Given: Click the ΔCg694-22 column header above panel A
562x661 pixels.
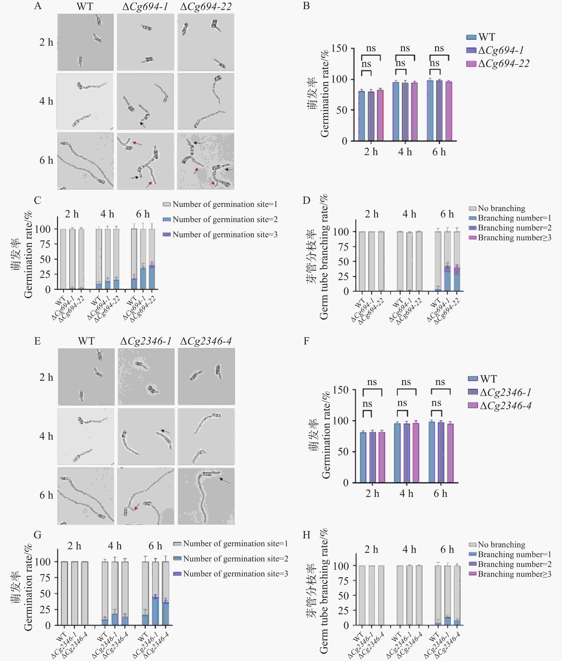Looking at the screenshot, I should pyautogui.click(x=206, y=7).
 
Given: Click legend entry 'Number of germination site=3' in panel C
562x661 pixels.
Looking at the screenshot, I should pyautogui.click(x=225, y=235).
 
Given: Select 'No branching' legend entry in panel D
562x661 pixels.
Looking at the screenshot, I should pyautogui.click(x=501, y=208).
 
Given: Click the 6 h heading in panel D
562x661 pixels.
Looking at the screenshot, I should pyautogui.click(x=447, y=214).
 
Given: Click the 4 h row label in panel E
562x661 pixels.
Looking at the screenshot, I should pyautogui.click(x=46, y=436).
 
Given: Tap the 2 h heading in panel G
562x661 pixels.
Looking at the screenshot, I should pyautogui.click(x=74, y=546).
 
